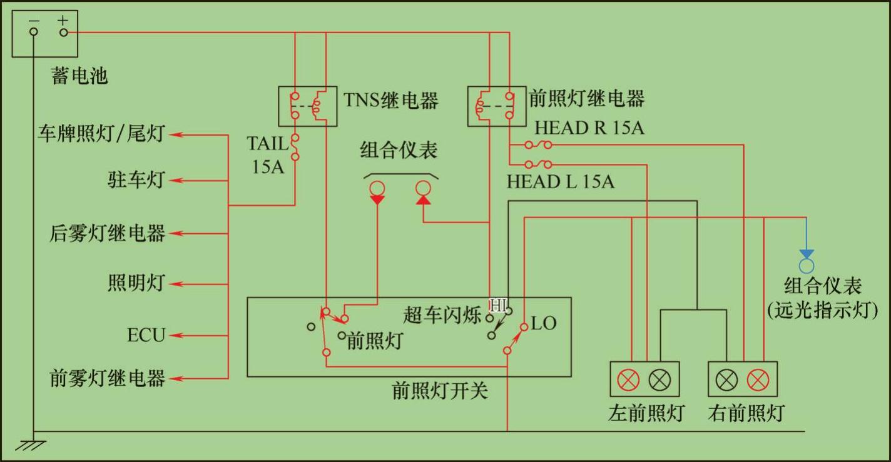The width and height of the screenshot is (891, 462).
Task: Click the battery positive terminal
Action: point(63,32)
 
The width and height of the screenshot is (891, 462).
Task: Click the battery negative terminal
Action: point(34,32)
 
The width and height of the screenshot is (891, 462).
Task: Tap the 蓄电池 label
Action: point(79,76)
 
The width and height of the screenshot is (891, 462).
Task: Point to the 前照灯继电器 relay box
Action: point(496,106)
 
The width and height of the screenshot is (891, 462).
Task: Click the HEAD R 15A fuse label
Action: point(589,128)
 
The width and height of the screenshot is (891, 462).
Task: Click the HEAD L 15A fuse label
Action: point(560,182)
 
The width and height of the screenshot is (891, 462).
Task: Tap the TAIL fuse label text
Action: point(267,143)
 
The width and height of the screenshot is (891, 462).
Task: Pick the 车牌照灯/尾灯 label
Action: point(101,134)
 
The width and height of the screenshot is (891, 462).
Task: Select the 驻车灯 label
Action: point(135,180)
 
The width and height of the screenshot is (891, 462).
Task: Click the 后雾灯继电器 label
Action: point(107,233)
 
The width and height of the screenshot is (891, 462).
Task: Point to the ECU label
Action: point(146,336)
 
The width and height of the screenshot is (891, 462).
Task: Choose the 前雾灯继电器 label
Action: point(107,378)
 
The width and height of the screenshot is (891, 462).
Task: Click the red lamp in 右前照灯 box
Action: point(758,379)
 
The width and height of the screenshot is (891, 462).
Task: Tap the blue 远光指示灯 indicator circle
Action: point(807,265)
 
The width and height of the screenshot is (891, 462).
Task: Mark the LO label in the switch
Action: point(543,323)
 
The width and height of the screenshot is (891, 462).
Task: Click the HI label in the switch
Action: point(498,306)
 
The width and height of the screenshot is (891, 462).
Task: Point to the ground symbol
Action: point(31,445)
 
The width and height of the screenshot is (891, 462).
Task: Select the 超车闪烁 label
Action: point(442,316)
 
